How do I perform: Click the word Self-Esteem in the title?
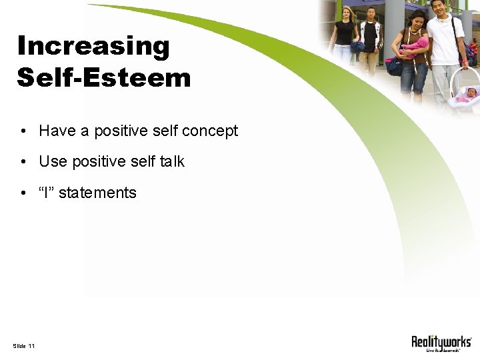click(104, 77)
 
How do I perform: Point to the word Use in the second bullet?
click(53, 161)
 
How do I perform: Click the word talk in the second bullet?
click(171, 161)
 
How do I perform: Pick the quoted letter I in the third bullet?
click(47, 193)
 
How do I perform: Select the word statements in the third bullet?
click(97, 193)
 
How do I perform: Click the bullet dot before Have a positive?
click(23, 131)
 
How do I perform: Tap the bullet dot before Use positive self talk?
click(23, 162)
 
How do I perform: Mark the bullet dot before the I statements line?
click(23, 193)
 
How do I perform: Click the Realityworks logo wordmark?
click(441, 341)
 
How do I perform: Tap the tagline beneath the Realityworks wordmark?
click(441, 350)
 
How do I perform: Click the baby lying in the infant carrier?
click(467, 95)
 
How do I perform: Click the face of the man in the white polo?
click(437, 7)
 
